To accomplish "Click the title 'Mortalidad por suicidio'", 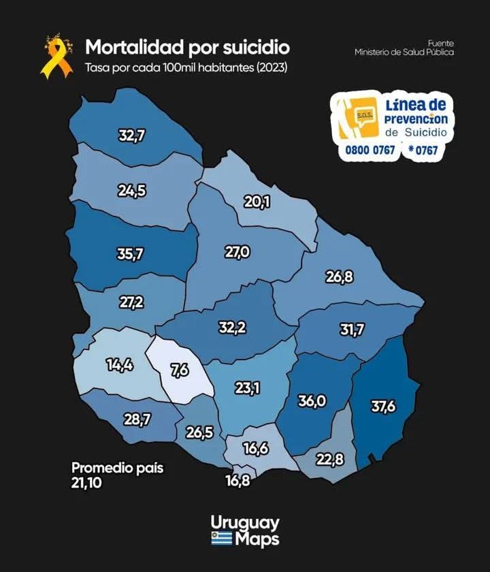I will pos(187,47).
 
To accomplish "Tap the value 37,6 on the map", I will pos(383,407).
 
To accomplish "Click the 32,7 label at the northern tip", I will pos(131,136).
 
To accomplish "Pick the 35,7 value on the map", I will pos(131,255).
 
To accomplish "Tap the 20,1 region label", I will pos(257,201).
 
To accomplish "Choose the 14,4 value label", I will pos(119,364).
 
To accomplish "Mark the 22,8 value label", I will pos(329,460).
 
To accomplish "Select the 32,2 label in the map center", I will pos(232,328).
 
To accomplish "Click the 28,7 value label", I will pos(137,419).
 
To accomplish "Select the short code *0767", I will pos(423,150).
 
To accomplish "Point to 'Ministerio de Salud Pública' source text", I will pos(404,52).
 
